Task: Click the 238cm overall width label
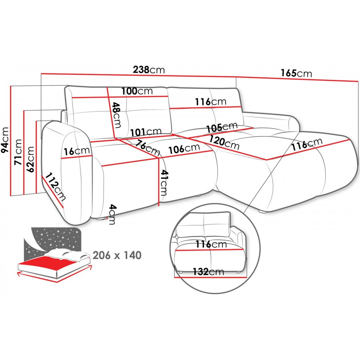coord(149,69)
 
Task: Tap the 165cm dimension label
coord(296,73)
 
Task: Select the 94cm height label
coord(5,140)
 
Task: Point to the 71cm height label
coord(18,152)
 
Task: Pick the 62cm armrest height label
coord(30,159)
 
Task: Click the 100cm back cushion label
coord(137,91)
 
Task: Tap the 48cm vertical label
coord(117,115)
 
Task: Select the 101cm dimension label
coord(146,132)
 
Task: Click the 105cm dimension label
coord(222,127)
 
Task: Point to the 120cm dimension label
coord(224,143)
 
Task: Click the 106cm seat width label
coord(184,149)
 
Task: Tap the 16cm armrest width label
coord(76,151)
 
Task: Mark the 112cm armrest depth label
coord(55,187)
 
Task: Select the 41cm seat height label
coord(163,183)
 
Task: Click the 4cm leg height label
coord(112,214)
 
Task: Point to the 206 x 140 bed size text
coord(117,255)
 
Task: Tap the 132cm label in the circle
coord(208,271)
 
